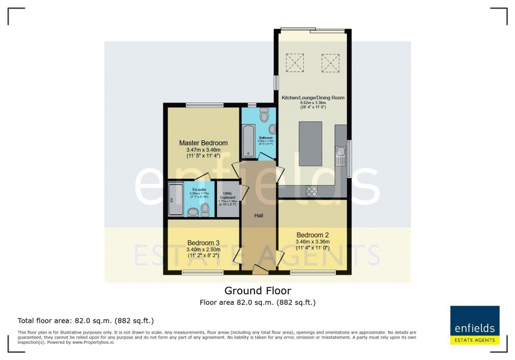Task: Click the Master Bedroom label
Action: click(203, 143)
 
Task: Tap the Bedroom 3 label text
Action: click(203, 243)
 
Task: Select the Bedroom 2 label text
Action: click(312, 235)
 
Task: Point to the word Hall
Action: click(259, 215)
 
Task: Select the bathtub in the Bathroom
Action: click(248, 141)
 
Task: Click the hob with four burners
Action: click(312, 191)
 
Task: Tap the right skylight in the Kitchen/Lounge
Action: click(331, 65)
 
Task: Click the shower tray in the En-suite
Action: click(176, 200)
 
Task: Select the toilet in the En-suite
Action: click(193, 211)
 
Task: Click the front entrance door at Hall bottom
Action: click(260, 269)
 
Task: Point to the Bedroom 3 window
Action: click(203, 272)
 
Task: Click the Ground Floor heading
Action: click(257, 291)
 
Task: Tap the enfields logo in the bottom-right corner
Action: click(475, 325)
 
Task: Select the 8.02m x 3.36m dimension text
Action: click(312, 103)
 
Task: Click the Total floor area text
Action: click(86, 321)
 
